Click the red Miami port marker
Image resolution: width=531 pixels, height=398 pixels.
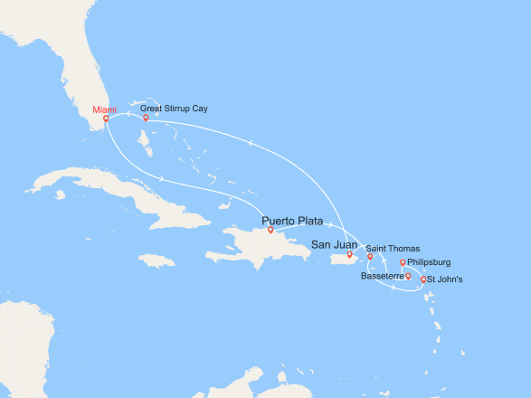click(x=106, y=118)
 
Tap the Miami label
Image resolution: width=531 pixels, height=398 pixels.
click(x=104, y=110)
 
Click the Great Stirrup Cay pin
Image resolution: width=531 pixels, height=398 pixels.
click(x=146, y=118)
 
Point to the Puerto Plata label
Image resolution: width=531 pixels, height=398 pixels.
click(x=292, y=221)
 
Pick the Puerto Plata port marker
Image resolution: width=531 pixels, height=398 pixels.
click(x=270, y=230)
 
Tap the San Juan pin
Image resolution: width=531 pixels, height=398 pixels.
click(x=350, y=254)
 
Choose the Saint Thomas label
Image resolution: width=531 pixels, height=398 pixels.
click(x=392, y=248)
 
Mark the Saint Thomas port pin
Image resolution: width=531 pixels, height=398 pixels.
click(x=370, y=257)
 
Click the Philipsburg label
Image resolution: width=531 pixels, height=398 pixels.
click(x=429, y=262)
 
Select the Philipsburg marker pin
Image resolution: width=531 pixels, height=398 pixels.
click(x=402, y=263)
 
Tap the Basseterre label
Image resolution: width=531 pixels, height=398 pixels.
click(x=381, y=276)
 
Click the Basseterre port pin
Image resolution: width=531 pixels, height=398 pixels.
click(x=408, y=276)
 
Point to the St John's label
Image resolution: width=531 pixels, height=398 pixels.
click(x=445, y=280)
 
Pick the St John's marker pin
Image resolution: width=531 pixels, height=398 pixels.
click(x=423, y=280)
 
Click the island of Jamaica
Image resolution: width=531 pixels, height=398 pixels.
click(x=156, y=261)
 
